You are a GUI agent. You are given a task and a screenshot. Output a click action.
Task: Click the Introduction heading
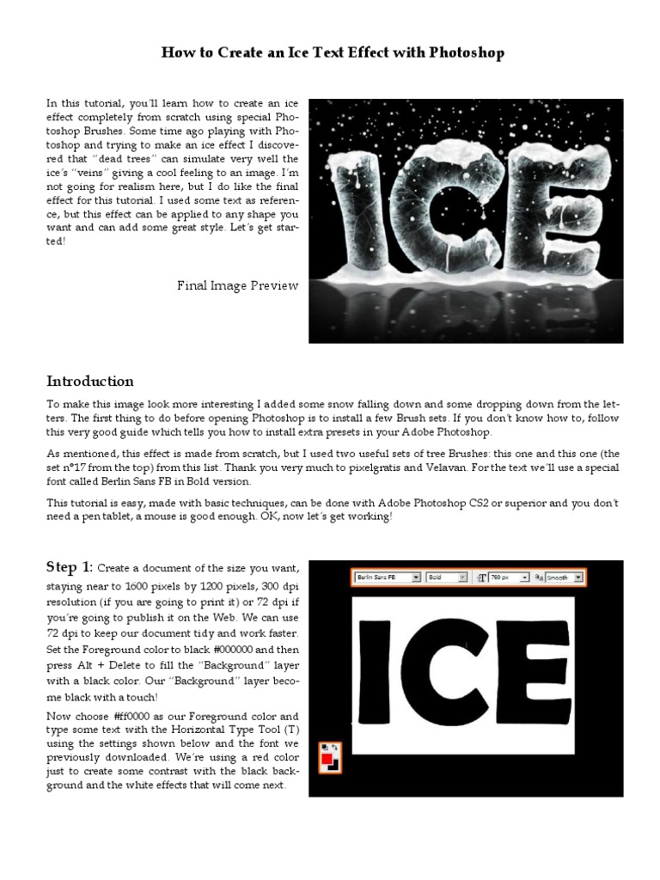89,382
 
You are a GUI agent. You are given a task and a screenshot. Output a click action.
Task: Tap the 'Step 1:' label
70,566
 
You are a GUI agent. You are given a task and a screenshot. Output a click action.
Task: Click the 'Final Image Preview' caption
238,285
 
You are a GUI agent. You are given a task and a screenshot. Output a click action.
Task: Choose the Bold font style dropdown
447,578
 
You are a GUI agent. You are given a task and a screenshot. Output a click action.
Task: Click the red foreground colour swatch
327,759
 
